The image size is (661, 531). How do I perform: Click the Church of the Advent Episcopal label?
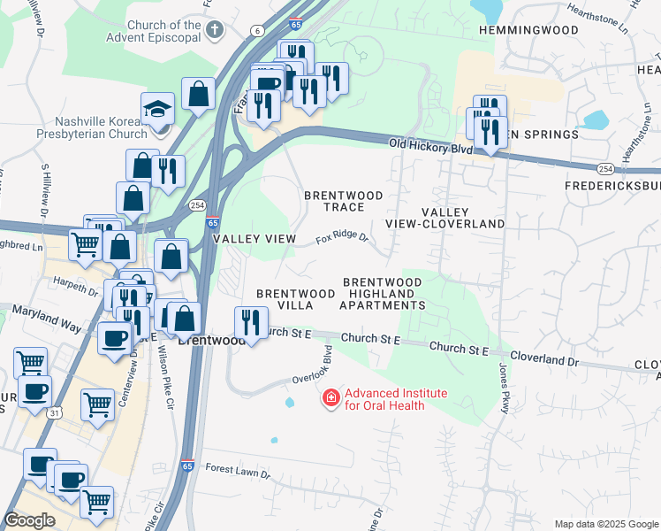click(x=164, y=32)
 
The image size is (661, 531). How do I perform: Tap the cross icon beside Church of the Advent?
click(x=213, y=32)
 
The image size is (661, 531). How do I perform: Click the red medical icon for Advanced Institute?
click(x=331, y=399)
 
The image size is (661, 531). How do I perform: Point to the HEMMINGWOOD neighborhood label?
click(x=528, y=30)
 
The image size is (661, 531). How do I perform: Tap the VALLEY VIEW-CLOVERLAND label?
click(x=462, y=218)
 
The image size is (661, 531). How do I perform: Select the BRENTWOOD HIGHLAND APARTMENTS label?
click(x=383, y=293)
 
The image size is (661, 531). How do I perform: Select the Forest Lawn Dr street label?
click(x=237, y=472)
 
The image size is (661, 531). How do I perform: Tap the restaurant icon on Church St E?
click(x=251, y=323)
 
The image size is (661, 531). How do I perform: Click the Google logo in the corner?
click(x=30, y=519)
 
